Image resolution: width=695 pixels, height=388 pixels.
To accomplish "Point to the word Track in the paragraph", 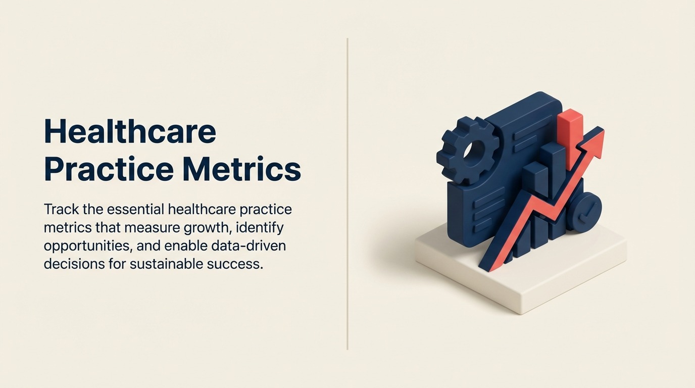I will pyautogui.click(x=59, y=209).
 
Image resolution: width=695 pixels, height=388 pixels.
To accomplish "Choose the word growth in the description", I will pyautogui.click(x=207, y=227).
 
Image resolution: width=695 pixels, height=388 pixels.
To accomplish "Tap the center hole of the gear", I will pyautogui.click(x=473, y=150).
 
